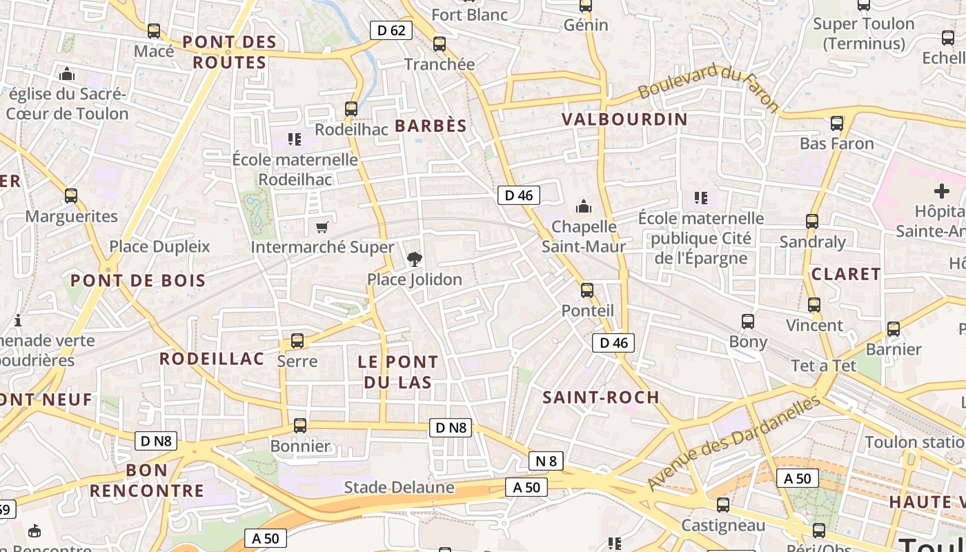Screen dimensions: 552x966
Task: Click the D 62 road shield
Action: tap(391, 30)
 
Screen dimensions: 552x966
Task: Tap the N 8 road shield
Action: tap(546, 461)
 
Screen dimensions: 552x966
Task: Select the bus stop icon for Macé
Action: tap(154, 31)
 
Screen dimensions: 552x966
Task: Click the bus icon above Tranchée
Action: tap(440, 44)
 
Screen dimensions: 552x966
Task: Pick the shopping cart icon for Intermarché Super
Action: tap(322, 227)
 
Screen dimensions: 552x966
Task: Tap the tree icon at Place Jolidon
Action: tap(414, 259)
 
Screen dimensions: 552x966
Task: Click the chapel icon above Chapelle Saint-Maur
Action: tap(584, 206)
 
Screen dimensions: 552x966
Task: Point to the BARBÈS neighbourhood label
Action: tap(431, 126)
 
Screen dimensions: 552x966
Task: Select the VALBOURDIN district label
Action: tap(624, 119)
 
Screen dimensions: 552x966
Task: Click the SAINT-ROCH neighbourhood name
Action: tap(601, 397)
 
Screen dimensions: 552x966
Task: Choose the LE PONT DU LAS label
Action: tap(397, 372)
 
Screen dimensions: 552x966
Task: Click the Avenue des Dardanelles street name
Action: tap(734, 442)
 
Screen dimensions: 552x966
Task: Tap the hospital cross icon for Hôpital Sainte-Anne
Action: tap(941, 191)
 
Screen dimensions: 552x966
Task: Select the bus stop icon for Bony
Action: tap(748, 322)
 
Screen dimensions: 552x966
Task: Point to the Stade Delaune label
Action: tap(399, 488)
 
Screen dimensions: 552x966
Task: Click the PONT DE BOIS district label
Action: tap(138, 280)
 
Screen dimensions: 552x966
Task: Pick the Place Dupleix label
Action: tap(159, 246)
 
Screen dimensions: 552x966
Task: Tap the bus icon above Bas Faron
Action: tap(837, 124)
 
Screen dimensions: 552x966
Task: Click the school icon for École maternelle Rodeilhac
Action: tap(295, 139)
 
